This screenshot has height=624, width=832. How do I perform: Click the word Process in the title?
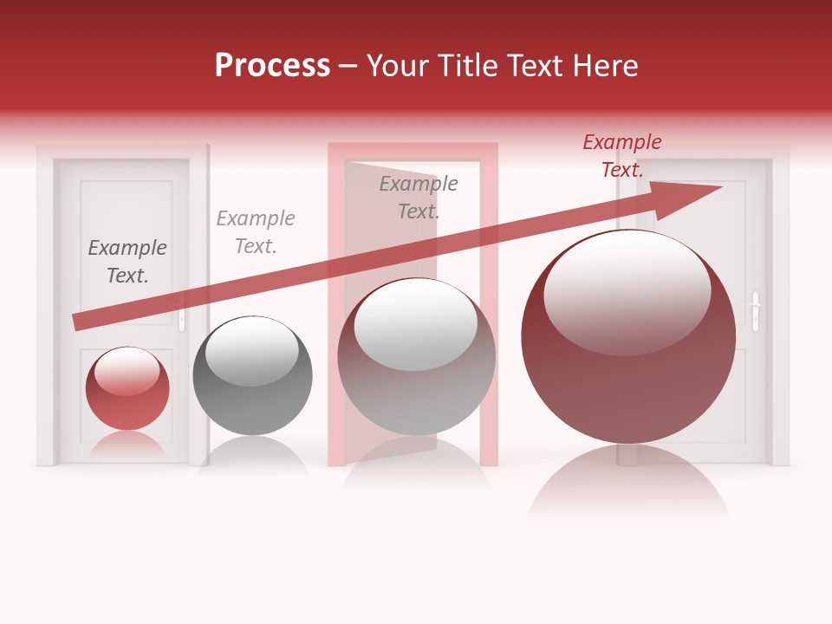point(272,66)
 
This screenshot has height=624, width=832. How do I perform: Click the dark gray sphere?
point(252,377)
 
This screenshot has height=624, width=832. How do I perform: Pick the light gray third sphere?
point(416,357)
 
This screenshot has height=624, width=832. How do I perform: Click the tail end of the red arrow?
point(76,322)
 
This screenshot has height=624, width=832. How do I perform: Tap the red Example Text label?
point(621,156)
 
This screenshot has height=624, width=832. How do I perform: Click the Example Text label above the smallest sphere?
point(127,262)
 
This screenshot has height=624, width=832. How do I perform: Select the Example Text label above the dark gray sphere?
point(256,232)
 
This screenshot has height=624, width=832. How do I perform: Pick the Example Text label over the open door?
point(419,198)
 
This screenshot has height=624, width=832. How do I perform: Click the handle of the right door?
point(756,310)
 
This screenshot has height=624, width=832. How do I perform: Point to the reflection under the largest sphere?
point(628,485)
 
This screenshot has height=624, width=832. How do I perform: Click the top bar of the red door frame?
point(413,151)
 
